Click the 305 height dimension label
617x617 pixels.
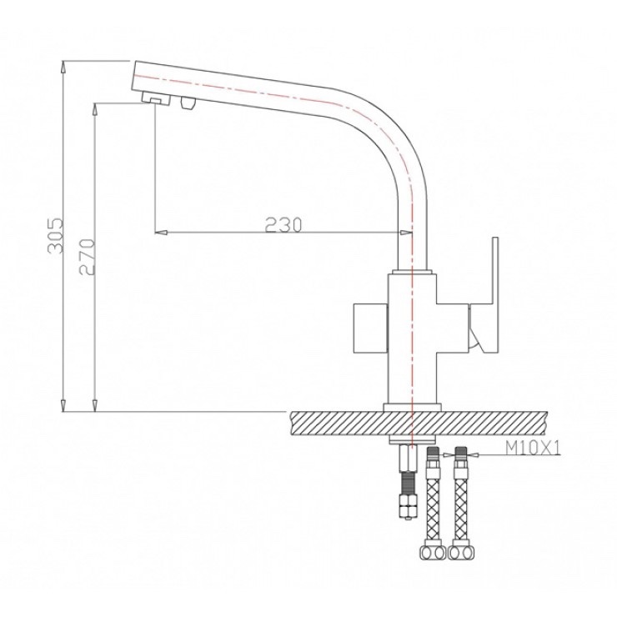click(x=55, y=235)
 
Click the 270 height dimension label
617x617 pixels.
click(x=87, y=257)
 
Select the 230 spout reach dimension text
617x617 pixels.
click(x=283, y=224)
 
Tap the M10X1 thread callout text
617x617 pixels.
click(x=533, y=448)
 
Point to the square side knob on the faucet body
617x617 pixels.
click(x=371, y=329)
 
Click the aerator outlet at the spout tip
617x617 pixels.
click(x=156, y=98)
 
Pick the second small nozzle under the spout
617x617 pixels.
click(x=188, y=103)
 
